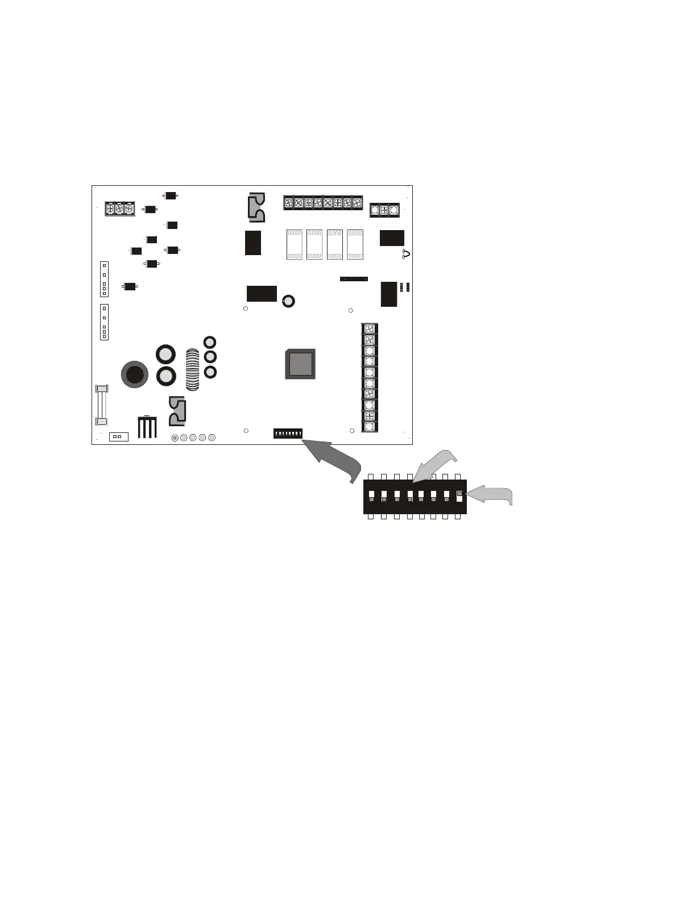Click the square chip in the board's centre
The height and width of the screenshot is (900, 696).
pos(300,364)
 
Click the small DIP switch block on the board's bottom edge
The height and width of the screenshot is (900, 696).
pos(288,434)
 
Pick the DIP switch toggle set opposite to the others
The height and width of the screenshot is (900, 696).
pos(459,497)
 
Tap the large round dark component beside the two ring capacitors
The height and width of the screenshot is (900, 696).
pos(135,374)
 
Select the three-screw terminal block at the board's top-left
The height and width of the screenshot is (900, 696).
pos(119,209)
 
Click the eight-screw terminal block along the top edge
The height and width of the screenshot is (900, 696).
pos(323,202)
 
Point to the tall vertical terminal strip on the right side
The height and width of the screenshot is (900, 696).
pos(370,377)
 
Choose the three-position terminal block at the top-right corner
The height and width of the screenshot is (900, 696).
pos(384,210)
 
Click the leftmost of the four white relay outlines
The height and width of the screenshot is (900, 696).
pos(294,244)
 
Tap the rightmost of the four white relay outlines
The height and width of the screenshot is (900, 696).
pos(355,244)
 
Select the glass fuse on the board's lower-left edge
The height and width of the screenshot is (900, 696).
pos(102,405)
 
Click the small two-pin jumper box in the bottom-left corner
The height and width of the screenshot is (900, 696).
pos(118,436)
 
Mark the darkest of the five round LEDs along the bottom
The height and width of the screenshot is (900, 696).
pos(175,438)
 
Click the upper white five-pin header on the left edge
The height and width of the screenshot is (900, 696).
pos(104,279)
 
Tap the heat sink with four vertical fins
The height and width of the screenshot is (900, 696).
pos(147,427)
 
